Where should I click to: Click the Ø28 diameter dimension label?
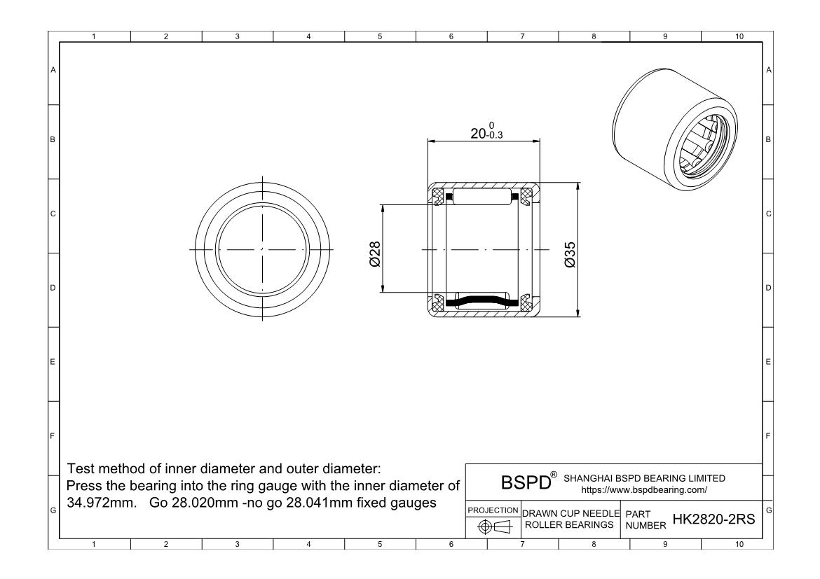[x=375, y=254]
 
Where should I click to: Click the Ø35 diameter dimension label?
[x=570, y=255]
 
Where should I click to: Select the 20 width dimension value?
[x=478, y=134]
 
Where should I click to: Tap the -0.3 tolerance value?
[x=494, y=135]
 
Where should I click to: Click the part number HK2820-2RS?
[x=714, y=519]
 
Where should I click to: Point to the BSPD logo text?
[x=526, y=482]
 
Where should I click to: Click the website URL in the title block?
[x=644, y=490]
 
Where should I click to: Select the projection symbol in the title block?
[x=493, y=527]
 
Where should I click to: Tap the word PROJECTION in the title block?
[x=493, y=510]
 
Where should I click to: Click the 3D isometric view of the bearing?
[x=675, y=129]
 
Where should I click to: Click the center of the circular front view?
[x=262, y=250]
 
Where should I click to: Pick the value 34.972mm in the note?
[x=102, y=503]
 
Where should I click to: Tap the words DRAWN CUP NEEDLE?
[x=570, y=514]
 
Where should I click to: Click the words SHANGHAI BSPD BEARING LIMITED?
[x=644, y=478]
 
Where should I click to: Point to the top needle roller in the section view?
[x=481, y=197]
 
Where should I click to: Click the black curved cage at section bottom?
[x=481, y=301]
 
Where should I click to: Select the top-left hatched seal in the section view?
[x=437, y=197]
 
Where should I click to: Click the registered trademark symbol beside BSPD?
[x=554, y=475]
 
